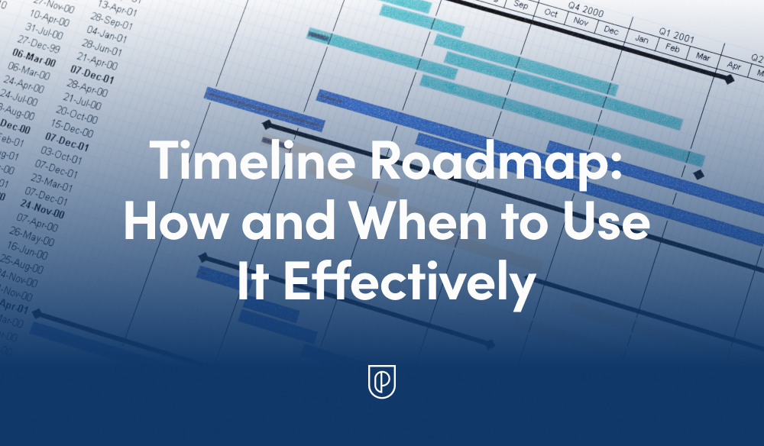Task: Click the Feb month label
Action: click(672, 48)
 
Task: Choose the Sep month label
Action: click(522, 5)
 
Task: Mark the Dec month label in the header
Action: click(610, 30)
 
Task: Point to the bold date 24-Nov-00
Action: click(43, 209)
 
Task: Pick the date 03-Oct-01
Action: click(62, 158)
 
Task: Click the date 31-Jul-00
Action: click(42, 32)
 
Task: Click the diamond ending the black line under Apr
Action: click(730, 79)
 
